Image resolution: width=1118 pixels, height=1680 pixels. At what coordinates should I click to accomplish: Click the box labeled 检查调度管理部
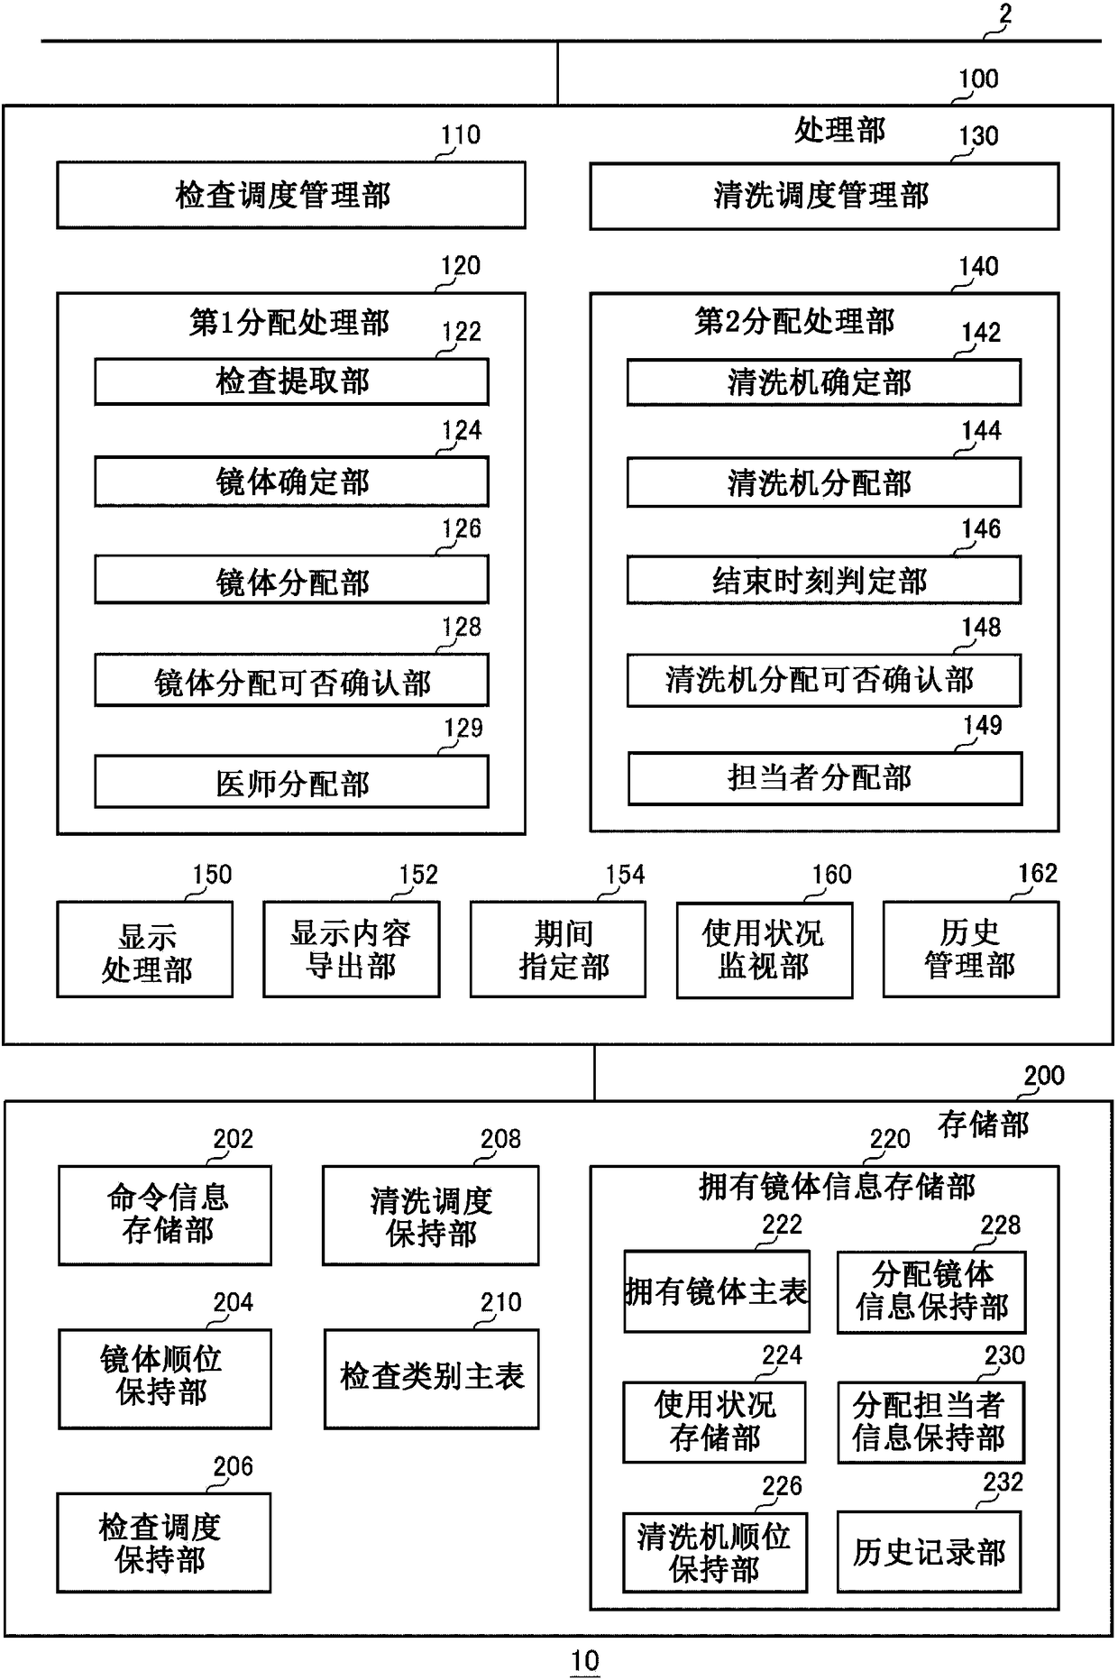[x=291, y=195]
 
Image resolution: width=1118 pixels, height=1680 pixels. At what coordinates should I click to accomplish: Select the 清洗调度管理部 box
[x=824, y=196]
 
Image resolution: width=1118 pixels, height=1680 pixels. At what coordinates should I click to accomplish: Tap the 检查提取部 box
[x=291, y=381]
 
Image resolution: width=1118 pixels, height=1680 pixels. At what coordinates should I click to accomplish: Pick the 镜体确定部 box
[x=291, y=482]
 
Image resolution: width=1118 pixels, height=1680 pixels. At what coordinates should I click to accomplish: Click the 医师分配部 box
[x=291, y=782]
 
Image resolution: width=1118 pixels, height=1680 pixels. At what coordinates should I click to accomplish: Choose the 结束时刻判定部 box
[x=824, y=580]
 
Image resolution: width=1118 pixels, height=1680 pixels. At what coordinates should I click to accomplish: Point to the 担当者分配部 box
[x=824, y=777]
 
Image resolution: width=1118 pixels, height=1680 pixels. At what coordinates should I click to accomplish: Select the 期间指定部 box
[x=558, y=950]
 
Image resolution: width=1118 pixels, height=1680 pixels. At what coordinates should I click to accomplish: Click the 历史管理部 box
[x=971, y=950]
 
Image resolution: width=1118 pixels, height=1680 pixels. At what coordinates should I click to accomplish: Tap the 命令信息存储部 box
[x=165, y=1216]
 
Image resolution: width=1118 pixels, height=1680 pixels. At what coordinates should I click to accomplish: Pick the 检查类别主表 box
[x=432, y=1379]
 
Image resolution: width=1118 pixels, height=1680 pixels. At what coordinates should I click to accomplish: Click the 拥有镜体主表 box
[x=717, y=1291]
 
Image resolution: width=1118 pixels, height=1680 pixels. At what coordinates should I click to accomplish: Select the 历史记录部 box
[x=930, y=1552]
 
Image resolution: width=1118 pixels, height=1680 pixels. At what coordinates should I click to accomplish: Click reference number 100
[x=978, y=79]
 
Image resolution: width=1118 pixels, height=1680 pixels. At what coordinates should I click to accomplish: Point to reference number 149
[x=982, y=725]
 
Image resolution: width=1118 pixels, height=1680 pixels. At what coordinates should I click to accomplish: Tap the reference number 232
[x=1003, y=1483]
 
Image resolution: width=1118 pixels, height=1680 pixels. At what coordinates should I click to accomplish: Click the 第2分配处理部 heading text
[x=794, y=322]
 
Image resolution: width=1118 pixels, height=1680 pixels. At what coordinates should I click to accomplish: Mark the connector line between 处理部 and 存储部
[x=595, y=1072]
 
